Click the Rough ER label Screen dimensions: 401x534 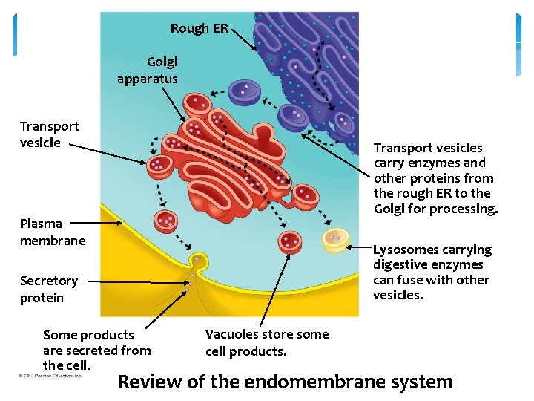199,28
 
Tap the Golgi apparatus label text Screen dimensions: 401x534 148,70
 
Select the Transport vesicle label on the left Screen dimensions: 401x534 49,134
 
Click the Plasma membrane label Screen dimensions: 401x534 53,232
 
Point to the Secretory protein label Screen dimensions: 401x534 49,289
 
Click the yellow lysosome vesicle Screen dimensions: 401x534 335,240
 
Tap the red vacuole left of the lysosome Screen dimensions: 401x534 290,242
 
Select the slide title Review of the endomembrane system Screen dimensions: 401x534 285,382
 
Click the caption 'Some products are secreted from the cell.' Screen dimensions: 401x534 96,350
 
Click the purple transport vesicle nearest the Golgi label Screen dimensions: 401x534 244,92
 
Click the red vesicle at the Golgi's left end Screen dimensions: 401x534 159,166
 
